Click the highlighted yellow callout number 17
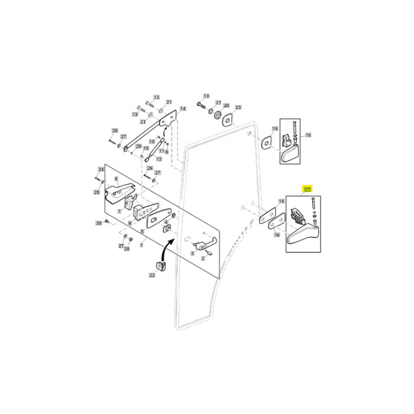(307, 189)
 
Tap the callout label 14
(183, 109)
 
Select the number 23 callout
(238, 108)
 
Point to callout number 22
(152, 275)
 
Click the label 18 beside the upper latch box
(308, 135)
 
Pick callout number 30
(99, 223)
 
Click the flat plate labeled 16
(274, 226)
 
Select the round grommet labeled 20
(217, 114)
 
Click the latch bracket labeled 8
(123, 191)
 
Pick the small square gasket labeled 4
(167, 228)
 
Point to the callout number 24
(101, 169)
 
